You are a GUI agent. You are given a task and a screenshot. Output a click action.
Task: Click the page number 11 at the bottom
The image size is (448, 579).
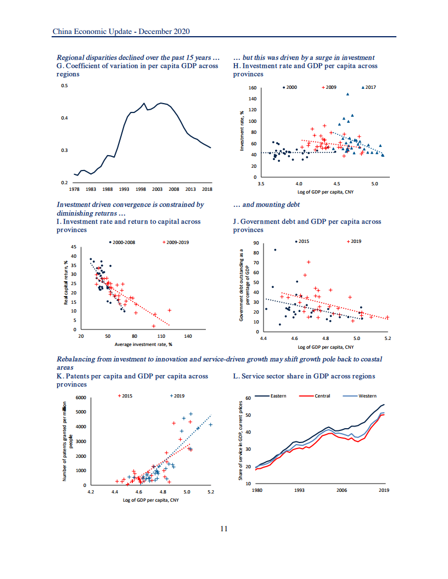coord(223,529)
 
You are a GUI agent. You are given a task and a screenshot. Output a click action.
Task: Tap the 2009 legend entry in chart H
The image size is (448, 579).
coord(328,87)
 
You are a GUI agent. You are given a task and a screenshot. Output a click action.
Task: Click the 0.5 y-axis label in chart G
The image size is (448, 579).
coord(64,86)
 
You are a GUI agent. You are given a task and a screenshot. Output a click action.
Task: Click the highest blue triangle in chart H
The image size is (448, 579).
coord(348,94)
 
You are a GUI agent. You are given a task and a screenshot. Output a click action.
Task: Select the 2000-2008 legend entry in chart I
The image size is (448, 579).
coord(123,242)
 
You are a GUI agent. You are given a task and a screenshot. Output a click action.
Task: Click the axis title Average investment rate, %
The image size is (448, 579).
coord(143,344)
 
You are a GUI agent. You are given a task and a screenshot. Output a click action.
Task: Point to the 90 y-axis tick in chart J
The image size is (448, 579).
coord(255,243)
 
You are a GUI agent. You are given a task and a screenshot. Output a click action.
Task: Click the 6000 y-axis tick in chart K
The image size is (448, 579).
coord(81,398)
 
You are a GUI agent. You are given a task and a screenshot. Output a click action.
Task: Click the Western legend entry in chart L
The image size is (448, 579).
coord(367,396)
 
